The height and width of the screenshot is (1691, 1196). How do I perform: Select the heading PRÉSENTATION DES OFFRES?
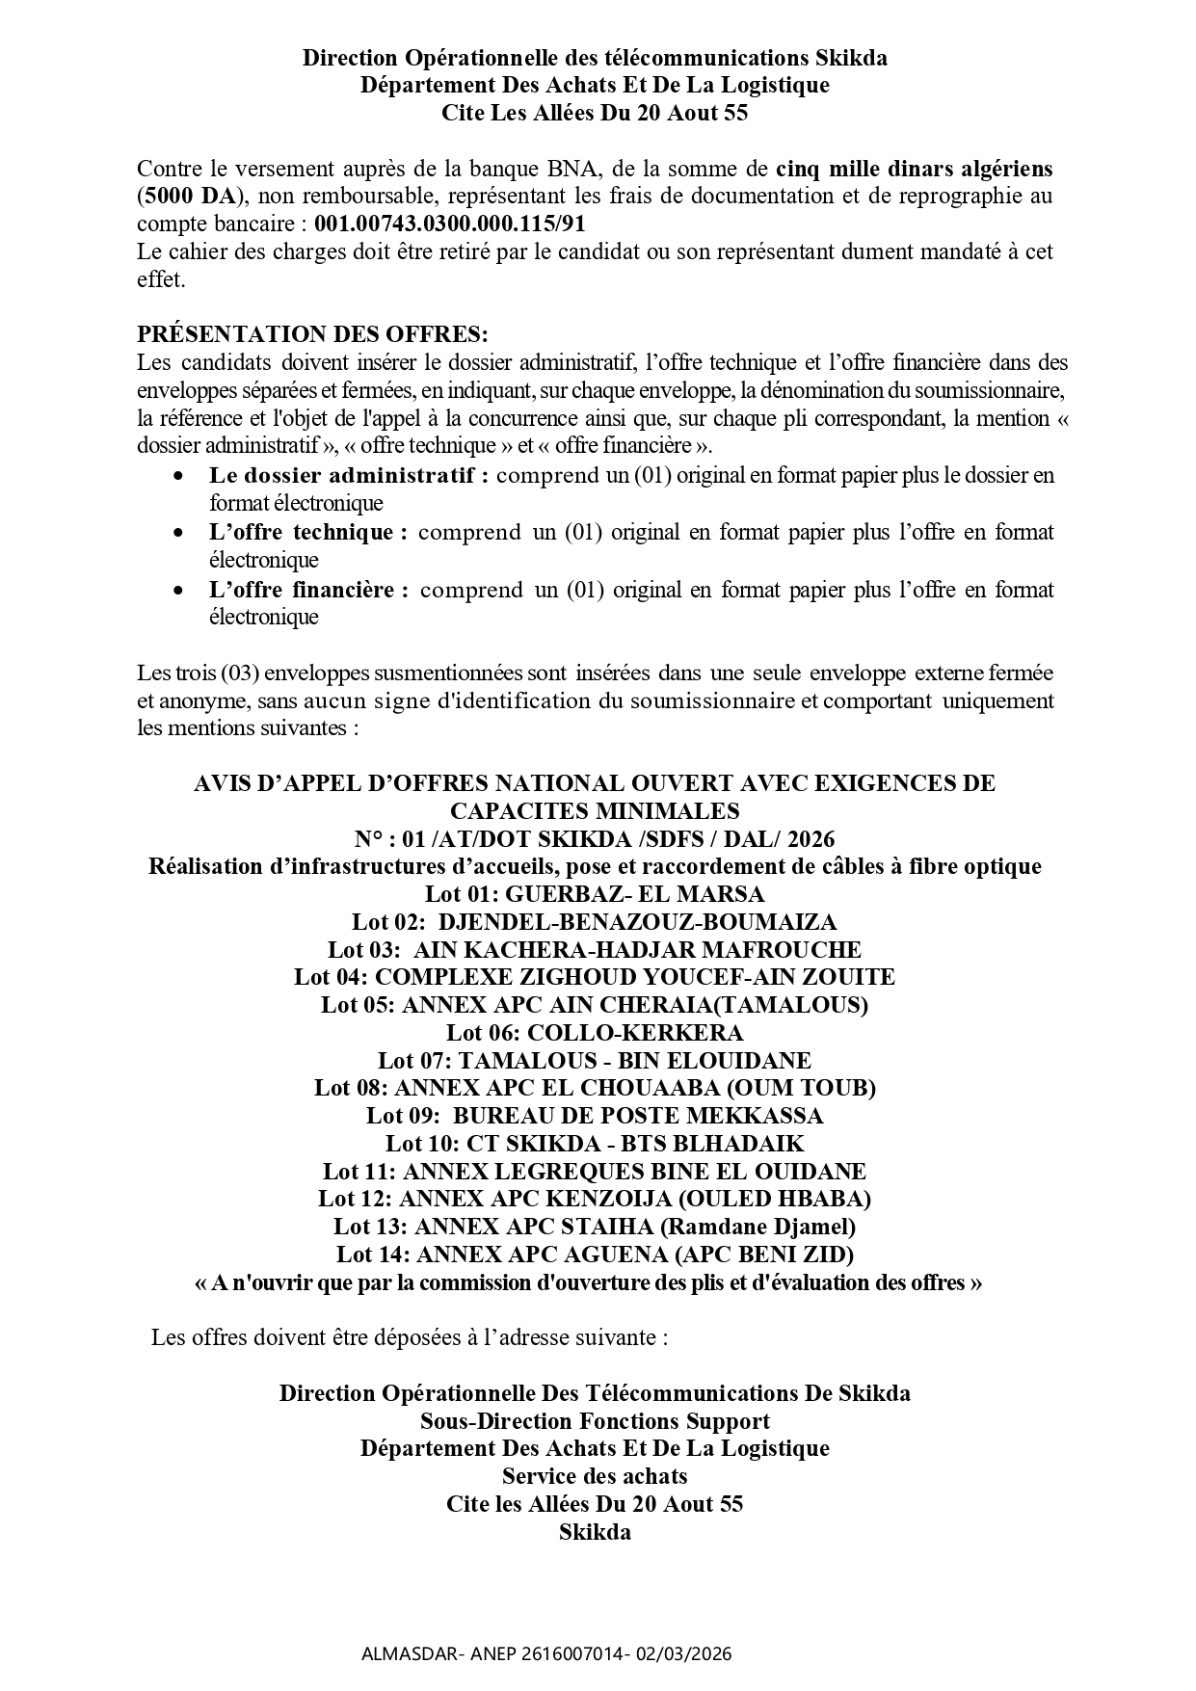click(x=312, y=334)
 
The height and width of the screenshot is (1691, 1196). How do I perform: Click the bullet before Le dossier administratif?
click(x=177, y=476)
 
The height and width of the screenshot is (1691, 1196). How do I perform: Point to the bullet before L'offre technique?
click(x=177, y=533)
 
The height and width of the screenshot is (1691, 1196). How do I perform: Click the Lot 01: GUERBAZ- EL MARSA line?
click(x=595, y=893)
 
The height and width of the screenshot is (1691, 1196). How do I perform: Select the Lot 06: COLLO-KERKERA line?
click(x=595, y=1033)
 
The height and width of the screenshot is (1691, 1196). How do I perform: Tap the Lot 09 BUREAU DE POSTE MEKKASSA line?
click(x=595, y=1116)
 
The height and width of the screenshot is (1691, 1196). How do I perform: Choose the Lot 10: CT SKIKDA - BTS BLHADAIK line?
click(x=595, y=1144)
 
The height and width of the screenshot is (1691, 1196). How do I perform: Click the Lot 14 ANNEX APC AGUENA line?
click(x=595, y=1255)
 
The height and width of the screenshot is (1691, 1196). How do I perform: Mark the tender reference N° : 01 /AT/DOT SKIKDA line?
click(x=595, y=837)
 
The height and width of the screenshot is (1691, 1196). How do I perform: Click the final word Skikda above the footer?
click(x=595, y=1531)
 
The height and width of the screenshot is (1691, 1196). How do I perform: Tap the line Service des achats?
click(x=595, y=1475)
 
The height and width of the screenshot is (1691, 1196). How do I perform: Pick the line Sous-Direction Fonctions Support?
click(x=595, y=1420)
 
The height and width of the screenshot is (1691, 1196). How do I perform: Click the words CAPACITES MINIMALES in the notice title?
click(x=595, y=810)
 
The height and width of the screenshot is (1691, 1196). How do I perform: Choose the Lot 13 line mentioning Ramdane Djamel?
click(x=595, y=1227)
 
